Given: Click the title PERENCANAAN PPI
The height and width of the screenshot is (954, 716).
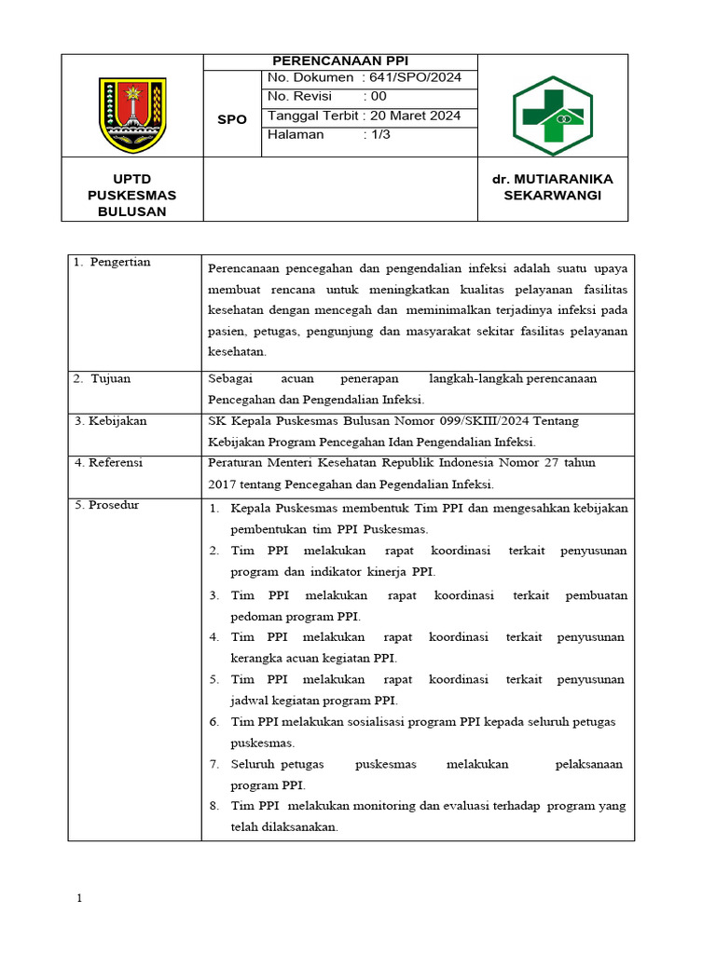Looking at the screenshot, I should pyautogui.click(x=339, y=61).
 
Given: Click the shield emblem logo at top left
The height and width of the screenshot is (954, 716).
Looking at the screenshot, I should pyautogui.click(x=132, y=115).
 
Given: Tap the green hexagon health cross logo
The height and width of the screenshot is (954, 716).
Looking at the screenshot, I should pyautogui.click(x=552, y=116).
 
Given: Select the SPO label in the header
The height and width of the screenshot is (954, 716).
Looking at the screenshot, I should pyautogui.click(x=232, y=119).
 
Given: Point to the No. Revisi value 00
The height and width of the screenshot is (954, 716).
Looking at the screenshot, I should pyautogui.click(x=378, y=97).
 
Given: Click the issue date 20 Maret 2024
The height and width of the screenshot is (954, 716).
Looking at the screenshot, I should pyautogui.click(x=415, y=116).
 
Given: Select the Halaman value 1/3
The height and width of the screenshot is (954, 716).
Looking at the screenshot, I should pyautogui.click(x=379, y=135).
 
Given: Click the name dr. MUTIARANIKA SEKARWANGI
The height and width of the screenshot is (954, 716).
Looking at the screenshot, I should pyautogui.click(x=553, y=187).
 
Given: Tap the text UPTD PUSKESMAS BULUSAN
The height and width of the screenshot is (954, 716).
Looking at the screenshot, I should pyautogui.click(x=131, y=195).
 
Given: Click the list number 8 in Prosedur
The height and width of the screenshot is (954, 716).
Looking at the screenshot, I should pyautogui.click(x=213, y=806).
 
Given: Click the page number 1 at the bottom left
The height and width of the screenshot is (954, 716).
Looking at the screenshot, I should pyautogui.click(x=79, y=899).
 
